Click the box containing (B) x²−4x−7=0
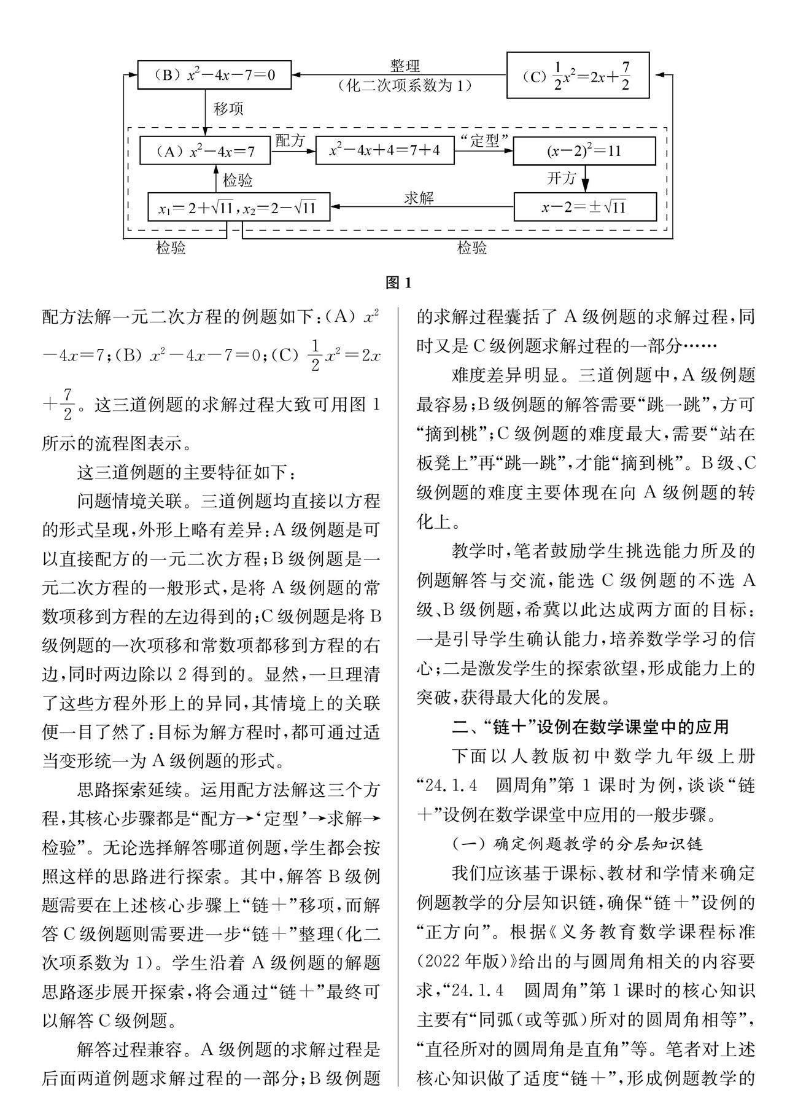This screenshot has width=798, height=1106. (x=214, y=75)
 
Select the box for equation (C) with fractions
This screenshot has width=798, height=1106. (x=578, y=76)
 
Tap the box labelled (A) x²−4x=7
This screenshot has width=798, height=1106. (x=205, y=150)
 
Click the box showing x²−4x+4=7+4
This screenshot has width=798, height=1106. (x=385, y=150)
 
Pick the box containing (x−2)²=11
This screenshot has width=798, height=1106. (x=584, y=151)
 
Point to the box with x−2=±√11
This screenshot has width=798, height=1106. (x=584, y=207)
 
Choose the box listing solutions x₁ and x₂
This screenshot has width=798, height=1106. (x=239, y=207)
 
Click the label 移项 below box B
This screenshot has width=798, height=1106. (x=228, y=109)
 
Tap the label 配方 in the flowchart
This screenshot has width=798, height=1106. (x=290, y=141)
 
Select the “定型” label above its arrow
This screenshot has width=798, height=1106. (x=484, y=141)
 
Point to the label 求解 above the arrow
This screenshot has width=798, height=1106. (x=419, y=198)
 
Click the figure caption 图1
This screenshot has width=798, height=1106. (x=398, y=282)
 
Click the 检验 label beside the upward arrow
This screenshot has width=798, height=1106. (x=237, y=181)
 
